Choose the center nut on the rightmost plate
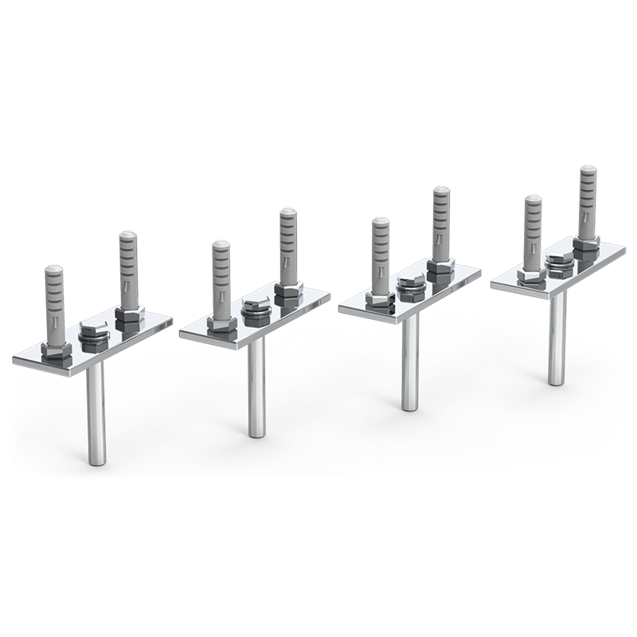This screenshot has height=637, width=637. tap(557, 264)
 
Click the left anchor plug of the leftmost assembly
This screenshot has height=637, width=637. tap(55, 303)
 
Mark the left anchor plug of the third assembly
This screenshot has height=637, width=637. tap(381, 258)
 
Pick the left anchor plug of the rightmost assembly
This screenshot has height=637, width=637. tap(533, 235)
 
